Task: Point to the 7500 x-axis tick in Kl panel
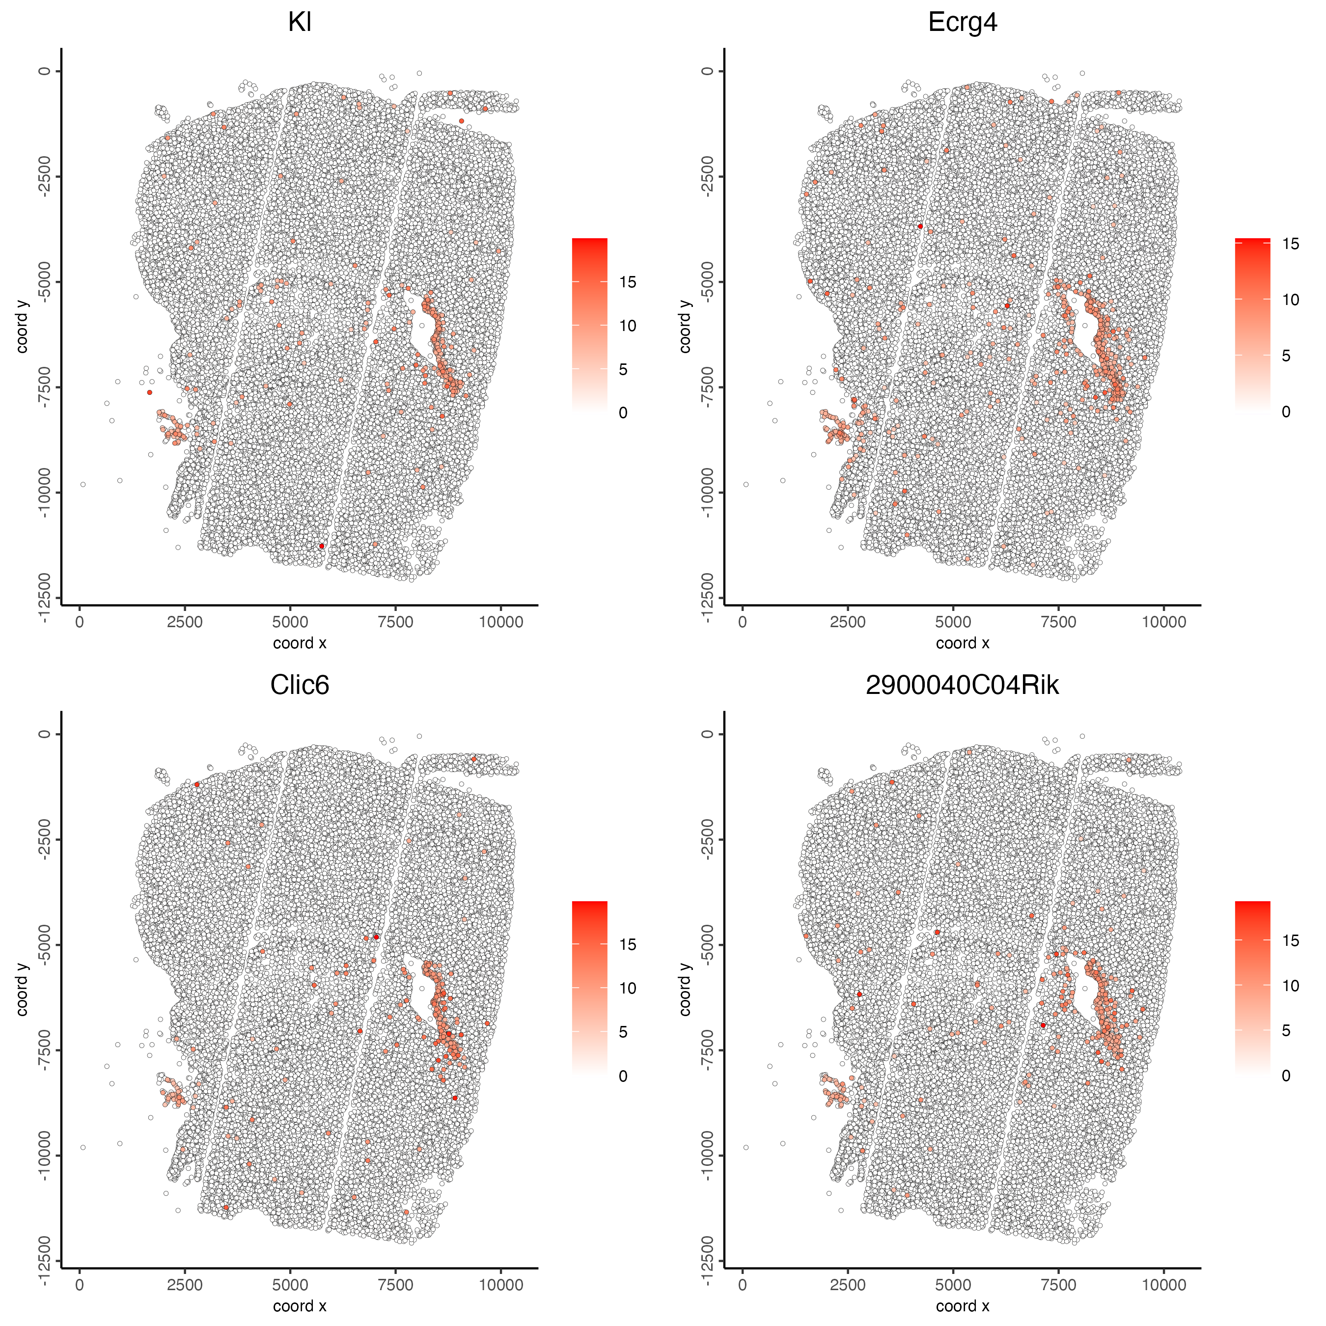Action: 395,622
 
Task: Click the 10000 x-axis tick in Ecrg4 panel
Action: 1164,622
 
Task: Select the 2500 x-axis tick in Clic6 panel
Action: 185,1285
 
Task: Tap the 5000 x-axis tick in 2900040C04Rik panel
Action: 953,1285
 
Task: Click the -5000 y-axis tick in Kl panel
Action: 44,281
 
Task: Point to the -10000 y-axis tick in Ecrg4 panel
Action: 707,492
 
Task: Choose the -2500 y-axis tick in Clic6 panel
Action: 44,839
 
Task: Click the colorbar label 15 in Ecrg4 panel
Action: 1290,244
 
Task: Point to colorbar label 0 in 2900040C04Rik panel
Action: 1286,1076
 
